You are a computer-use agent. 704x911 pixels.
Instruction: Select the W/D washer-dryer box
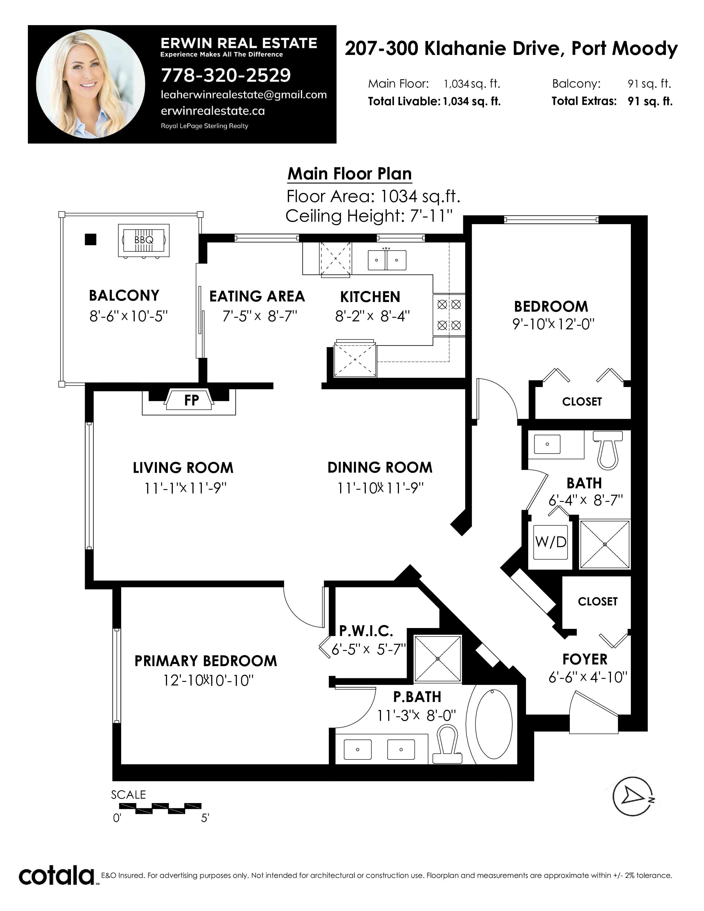(551, 542)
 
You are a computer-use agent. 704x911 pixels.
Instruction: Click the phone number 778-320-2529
(226, 75)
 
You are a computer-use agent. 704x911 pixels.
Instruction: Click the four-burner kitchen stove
(449, 315)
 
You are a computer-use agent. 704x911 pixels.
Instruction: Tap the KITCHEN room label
(370, 297)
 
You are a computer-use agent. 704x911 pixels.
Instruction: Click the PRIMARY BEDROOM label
(206, 661)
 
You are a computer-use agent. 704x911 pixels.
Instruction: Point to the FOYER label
(585, 660)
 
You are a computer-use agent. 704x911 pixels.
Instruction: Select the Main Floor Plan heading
(350, 174)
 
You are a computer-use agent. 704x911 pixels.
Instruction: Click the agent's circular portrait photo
(91, 84)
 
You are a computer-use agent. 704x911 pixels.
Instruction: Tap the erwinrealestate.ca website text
(213, 111)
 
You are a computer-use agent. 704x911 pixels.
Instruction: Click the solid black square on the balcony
(91, 239)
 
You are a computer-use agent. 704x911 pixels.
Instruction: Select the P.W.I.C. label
(366, 631)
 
